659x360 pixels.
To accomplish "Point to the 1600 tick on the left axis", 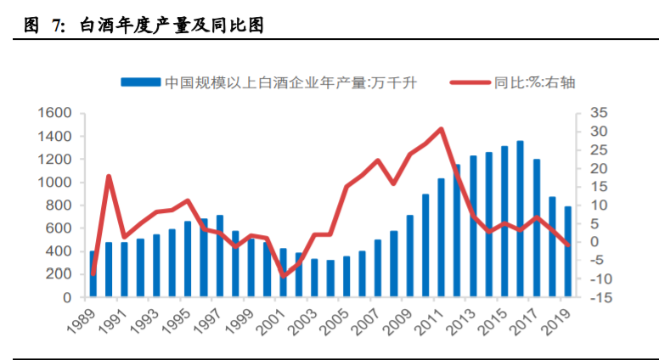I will pos(54,113).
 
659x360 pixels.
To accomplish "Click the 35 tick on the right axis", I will pos(599,113).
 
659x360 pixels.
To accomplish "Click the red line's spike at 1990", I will pos(109,177).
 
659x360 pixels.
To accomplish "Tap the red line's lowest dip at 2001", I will pos(284,276).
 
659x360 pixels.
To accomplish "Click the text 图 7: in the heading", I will pos(44,26).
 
